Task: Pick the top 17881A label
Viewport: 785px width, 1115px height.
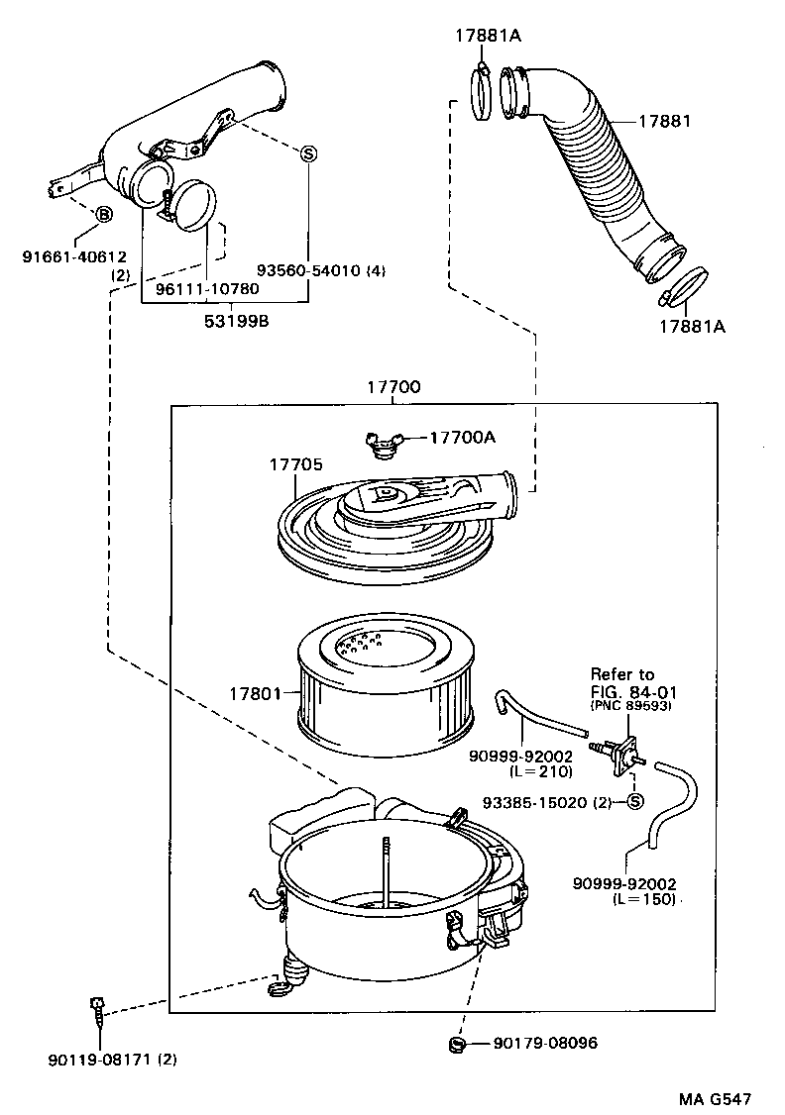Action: coord(488,36)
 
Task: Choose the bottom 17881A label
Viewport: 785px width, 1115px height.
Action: coord(692,326)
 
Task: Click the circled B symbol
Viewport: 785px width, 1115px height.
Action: coord(103,215)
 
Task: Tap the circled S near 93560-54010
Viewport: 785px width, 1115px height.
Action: coord(308,152)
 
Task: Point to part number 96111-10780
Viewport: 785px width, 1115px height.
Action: coord(207,288)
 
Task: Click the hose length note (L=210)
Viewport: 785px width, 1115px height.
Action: coord(539,770)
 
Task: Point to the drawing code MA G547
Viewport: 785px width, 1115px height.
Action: coord(715,1099)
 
